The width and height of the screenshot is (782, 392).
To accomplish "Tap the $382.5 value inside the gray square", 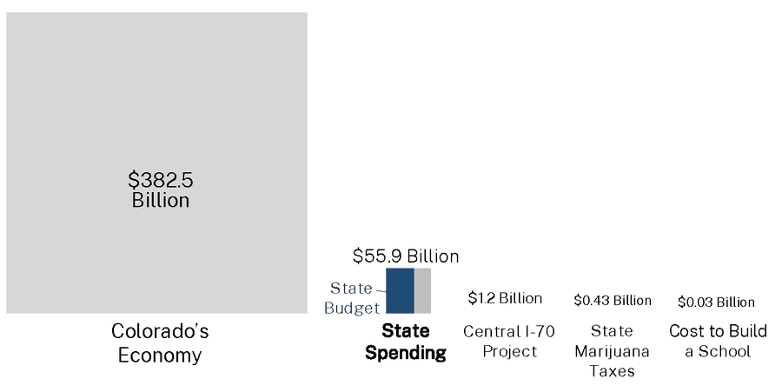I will point(161,180).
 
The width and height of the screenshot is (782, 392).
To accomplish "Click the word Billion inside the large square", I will point(161,200).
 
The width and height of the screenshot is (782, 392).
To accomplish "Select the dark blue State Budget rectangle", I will point(400,290).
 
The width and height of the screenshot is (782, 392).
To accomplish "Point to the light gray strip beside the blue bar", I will point(422,290).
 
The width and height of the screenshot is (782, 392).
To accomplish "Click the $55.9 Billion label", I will point(406,256).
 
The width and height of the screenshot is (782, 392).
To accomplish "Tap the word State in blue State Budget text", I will point(351,289).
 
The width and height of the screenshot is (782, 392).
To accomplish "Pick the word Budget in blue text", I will point(352,308).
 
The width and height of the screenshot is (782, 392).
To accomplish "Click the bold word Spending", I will point(406,353).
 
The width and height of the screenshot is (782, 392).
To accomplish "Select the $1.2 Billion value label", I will point(505,298).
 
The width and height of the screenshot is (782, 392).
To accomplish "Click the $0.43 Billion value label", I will point(613,300).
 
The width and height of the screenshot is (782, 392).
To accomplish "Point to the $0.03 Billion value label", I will point(716,302).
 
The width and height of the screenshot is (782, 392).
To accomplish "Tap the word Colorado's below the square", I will point(160,332).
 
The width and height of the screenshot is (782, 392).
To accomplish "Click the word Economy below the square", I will point(160,355).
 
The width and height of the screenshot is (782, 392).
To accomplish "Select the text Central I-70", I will point(509,331).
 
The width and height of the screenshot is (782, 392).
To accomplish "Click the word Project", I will point(509,351).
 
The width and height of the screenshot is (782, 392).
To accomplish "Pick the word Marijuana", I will point(613,351).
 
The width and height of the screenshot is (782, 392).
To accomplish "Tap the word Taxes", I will point(613,371).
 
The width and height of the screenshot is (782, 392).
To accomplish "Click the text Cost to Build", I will point(718,331).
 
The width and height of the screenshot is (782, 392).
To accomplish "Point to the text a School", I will point(718,351).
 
